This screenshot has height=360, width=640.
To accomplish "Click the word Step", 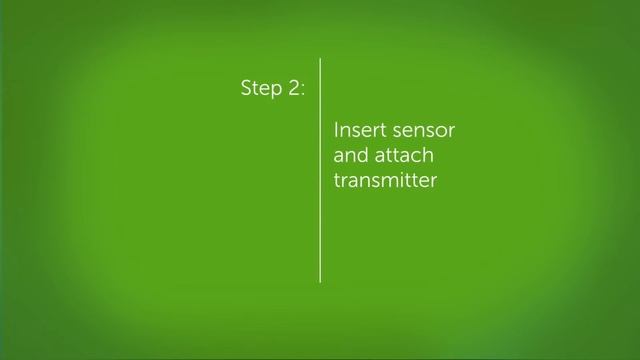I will tap(262, 88).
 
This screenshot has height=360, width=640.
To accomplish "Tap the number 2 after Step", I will tap(293, 88).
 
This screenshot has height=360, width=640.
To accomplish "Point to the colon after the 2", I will tap(303, 90).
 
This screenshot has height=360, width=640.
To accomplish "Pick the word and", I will tap(349, 157).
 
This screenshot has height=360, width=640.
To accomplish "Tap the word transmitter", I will tap(386, 182).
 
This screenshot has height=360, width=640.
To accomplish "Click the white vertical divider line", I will tap(320, 170).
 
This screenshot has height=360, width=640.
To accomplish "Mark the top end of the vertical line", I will tap(320, 59).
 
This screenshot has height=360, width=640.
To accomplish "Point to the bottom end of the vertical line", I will tap(320, 281).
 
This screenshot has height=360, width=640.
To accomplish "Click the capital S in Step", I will tap(246, 88).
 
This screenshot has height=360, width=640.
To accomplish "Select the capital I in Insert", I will tap(336, 131).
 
